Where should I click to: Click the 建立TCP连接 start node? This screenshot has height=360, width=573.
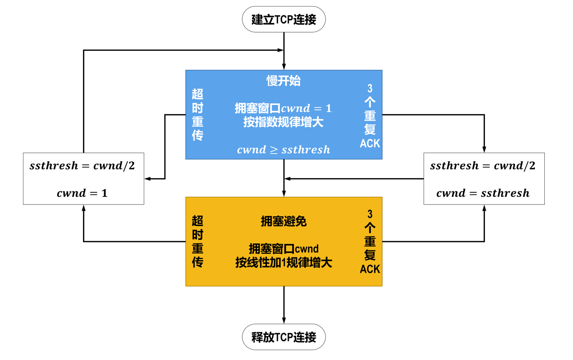tap(283, 20)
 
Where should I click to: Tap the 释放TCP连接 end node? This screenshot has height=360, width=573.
tap(283, 337)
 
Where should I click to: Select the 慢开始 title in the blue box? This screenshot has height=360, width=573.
tap(283, 81)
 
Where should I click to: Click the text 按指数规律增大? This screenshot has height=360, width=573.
tap(283, 122)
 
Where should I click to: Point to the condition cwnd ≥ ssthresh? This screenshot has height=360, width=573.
tap(283, 150)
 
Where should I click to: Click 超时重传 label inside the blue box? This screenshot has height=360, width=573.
tap(198, 115)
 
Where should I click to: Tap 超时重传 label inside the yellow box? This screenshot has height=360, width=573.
tap(198, 241)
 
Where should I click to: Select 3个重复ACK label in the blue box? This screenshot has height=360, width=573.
tap(370, 116)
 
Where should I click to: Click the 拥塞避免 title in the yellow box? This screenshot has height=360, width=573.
tap(283, 221)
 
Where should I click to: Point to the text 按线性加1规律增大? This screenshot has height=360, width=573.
tap(283, 263)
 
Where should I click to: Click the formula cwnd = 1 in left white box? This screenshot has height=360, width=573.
tap(82, 193)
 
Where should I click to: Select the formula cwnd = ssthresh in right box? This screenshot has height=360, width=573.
tap(483, 193)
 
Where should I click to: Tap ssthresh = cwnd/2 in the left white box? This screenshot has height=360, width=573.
tap(82, 165)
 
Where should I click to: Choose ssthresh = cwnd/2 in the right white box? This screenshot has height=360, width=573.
tap(483, 165)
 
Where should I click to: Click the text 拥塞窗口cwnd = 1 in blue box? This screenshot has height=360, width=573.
tap(283, 108)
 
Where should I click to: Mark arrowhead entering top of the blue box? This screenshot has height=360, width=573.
tap(284, 67)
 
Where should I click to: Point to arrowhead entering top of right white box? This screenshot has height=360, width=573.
tap(484, 149)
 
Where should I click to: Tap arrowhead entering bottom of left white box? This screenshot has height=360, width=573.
tap(83, 208)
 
